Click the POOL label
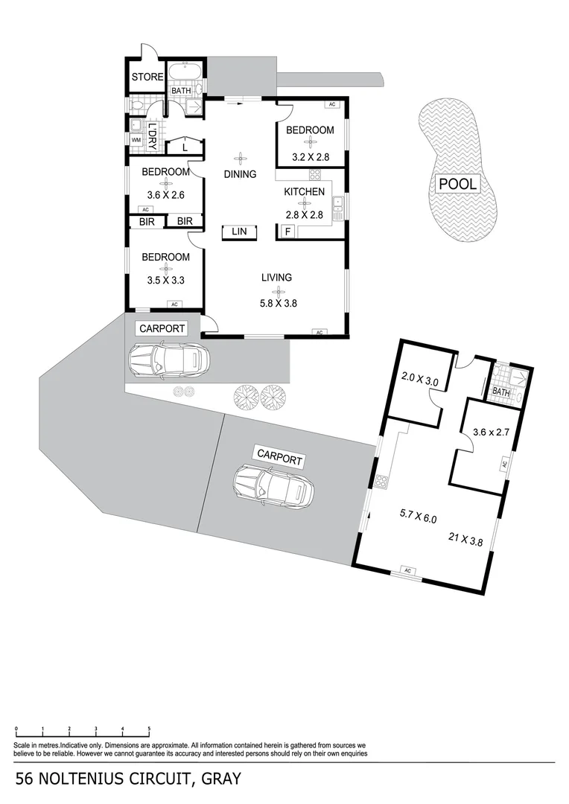click(457, 184)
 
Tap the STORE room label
click(147, 77)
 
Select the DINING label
click(240, 174)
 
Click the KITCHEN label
click(304, 191)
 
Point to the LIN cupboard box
click(239, 232)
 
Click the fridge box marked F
click(287, 232)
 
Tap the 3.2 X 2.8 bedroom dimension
click(310, 157)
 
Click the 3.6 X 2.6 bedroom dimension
click(165, 197)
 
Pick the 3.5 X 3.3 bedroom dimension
click(165, 281)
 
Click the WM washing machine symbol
click(136, 139)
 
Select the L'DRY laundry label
click(152, 135)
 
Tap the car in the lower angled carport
click(271, 486)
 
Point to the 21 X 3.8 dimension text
click(465, 541)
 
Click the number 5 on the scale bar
click(149, 728)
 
